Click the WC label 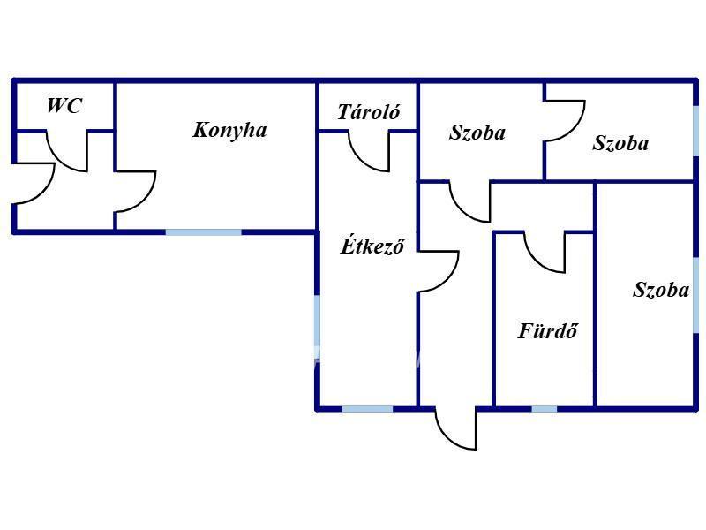pyautogui.click(x=64, y=105)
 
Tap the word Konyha pyautogui.click(x=229, y=130)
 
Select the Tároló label pyautogui.click(x=368, y=112)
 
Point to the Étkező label pyautogui.click(x=372, y=246)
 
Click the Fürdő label pyautogui.click(x=547, y=330)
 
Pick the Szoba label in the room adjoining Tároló pyautogui.click(x=477, y=132)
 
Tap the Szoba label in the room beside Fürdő pyautogui.click(x=660, y=290)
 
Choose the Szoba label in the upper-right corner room pyautogui.click(x=620, y=143)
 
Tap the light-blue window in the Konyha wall pyautogui.click(x=204, y=232)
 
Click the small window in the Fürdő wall pyautogui.click(x=544, y=409)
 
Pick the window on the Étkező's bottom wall pyautogui.click(x=367, y=409)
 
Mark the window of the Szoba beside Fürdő pyautogui.click(x=696, y=295)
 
